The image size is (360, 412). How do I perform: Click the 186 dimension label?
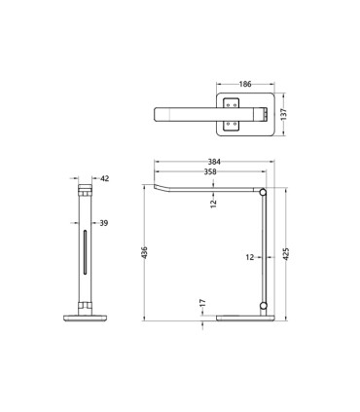[x=245, y=84]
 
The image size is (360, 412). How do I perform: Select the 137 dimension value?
[x=283, y=114]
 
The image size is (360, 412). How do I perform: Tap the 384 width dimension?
[x=214, y=162]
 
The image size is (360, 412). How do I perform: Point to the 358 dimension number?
[x=210, y=171]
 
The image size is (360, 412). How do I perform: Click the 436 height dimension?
[x=145, y=252]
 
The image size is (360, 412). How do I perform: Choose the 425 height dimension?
[x=286, y=254]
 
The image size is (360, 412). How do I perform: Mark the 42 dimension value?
[x=105, y=178]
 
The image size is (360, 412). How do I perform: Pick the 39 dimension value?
[x=104, y=223]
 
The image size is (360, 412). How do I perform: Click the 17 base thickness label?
[x=203, y=303]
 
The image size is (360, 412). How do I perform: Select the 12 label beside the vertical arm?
[x=250, y=257]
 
